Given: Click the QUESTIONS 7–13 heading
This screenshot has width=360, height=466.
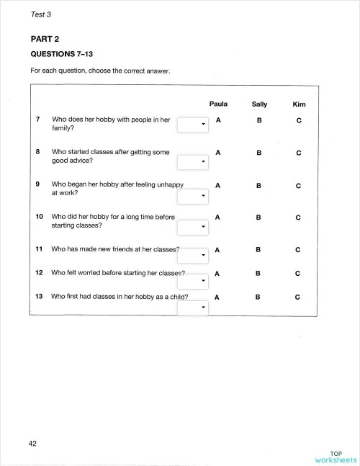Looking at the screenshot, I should click(62, 54).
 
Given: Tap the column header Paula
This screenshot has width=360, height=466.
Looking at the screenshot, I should click(218, 104).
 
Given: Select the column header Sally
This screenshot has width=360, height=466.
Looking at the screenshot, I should click(259, 104).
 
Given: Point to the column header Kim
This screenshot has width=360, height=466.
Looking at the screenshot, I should click(299, 105).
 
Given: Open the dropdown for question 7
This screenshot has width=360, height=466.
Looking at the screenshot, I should click(193, 125).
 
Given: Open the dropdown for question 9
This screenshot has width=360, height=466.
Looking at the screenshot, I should click(193, 195).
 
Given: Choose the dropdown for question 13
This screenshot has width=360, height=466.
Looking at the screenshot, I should click(193, 308).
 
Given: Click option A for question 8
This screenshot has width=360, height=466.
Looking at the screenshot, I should click(217, 153).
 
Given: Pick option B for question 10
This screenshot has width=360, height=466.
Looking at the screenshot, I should click(258, 216).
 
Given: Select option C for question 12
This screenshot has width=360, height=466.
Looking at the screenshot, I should click(298, 274).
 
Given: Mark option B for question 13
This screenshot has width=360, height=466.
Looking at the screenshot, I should click(258, 297).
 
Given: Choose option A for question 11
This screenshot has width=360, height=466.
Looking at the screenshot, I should click(217, 249).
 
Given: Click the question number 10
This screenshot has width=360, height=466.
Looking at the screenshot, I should click(40, 216).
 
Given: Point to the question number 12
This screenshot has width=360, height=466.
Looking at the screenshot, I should click(40, 273).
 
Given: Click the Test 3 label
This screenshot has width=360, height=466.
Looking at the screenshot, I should click(41, 14).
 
